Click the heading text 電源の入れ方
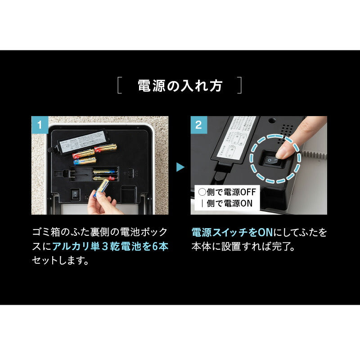pyautogui.click(x=180, y=85)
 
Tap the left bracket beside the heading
pyautogui.click(x=120, y=85)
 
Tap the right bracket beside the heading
pyautogui.click(x=239, y=85)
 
